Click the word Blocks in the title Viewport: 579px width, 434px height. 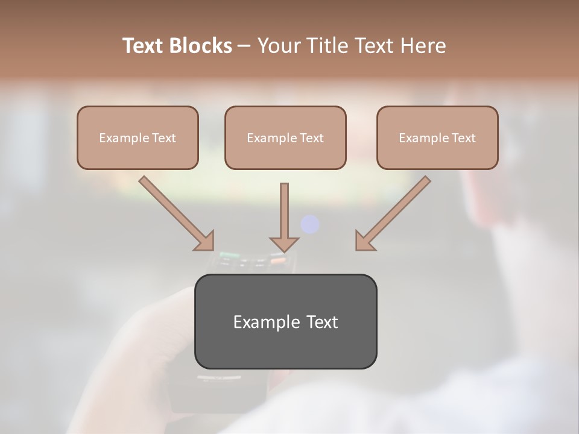202,46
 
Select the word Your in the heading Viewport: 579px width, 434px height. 279,46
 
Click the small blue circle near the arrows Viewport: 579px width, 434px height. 310,224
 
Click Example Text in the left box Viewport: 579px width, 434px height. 138,138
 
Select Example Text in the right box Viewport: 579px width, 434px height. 437,138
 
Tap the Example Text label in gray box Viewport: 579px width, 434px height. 285,322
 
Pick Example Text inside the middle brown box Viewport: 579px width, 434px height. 285,138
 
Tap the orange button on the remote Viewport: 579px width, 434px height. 279,261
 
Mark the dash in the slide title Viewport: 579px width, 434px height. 244,46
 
